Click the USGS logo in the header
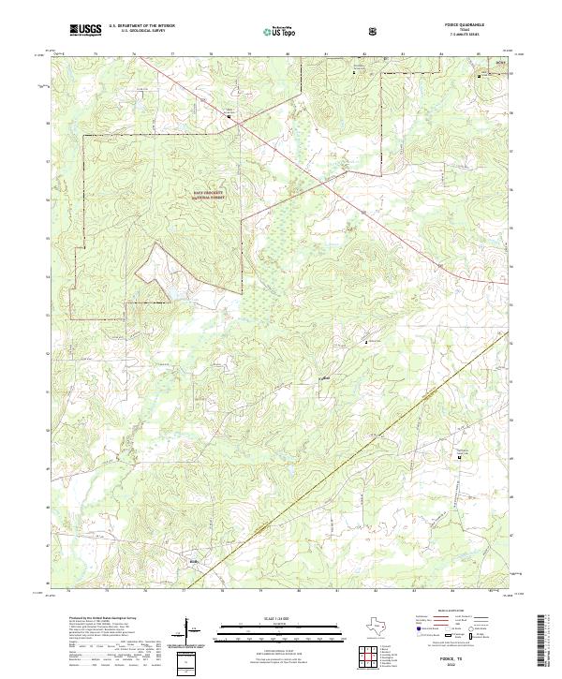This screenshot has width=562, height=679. [86, 30]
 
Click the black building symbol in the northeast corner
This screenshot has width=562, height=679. [485, 75]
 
